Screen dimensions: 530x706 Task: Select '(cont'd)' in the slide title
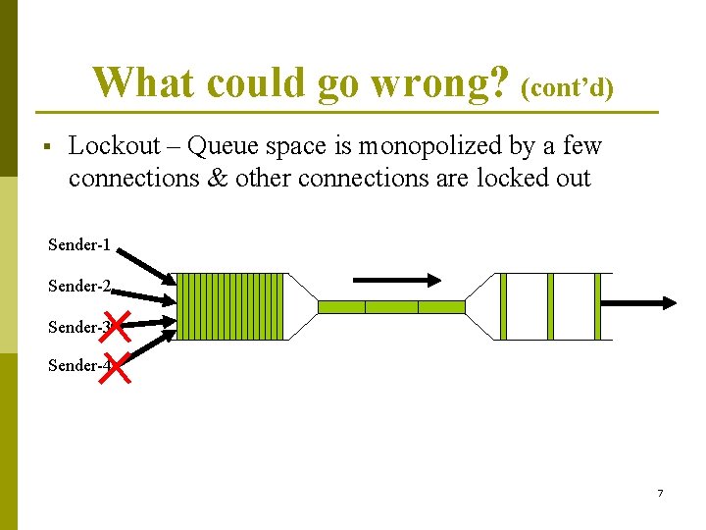[x=568, y=89]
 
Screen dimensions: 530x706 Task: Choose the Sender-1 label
[x=78, y=244]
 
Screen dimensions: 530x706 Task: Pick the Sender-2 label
[x=78, y=287]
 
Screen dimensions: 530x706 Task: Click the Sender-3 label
[x=76, y=327]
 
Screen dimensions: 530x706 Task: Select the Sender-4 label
[x=76, y=366]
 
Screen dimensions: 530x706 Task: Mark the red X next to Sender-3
[x=116, y=325]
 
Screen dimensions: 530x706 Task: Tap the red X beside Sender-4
[x=117, y=369]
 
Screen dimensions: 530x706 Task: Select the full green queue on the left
[x=231, y=306]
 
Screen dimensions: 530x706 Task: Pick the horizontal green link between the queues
[x=391, y=307]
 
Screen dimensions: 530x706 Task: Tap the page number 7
[x=660, y=493]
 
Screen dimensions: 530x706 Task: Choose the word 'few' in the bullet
[x=582, y=146]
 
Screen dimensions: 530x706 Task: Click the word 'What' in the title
[x=137, y=82]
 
